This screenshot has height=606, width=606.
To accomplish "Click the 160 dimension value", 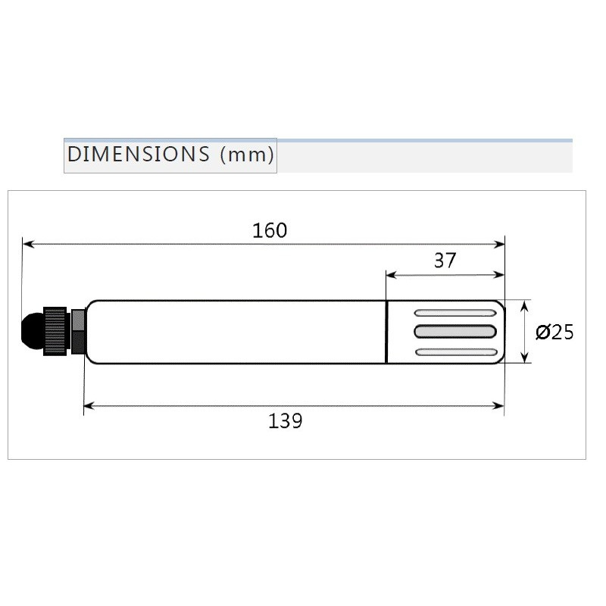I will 270,230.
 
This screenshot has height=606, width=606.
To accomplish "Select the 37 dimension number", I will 445,261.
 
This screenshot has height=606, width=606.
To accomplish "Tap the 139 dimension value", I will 285,420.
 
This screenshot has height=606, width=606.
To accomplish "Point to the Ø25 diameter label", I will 554,333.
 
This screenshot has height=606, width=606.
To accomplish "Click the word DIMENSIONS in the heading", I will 138,155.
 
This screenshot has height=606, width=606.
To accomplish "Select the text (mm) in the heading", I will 246,155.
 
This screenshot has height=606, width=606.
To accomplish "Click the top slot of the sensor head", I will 455,312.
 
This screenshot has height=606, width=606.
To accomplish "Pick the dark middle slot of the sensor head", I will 455,331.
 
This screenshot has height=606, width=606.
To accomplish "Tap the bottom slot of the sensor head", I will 455,351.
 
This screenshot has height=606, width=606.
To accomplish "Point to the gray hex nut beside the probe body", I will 77,331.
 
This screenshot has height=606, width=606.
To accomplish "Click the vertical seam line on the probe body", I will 386,332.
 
